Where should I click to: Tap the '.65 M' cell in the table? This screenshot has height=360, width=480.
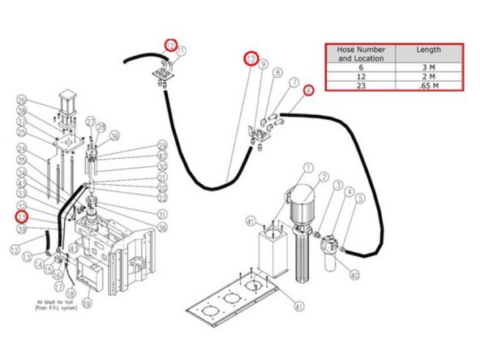(429, 85)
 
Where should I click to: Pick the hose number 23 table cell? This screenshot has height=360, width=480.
(360, 85)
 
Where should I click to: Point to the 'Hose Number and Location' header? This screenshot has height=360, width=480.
(360, 54)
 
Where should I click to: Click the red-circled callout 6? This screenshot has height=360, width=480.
(308, 92)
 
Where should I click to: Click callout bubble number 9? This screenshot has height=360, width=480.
(262, 63)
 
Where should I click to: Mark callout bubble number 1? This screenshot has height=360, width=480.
(309, 169)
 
